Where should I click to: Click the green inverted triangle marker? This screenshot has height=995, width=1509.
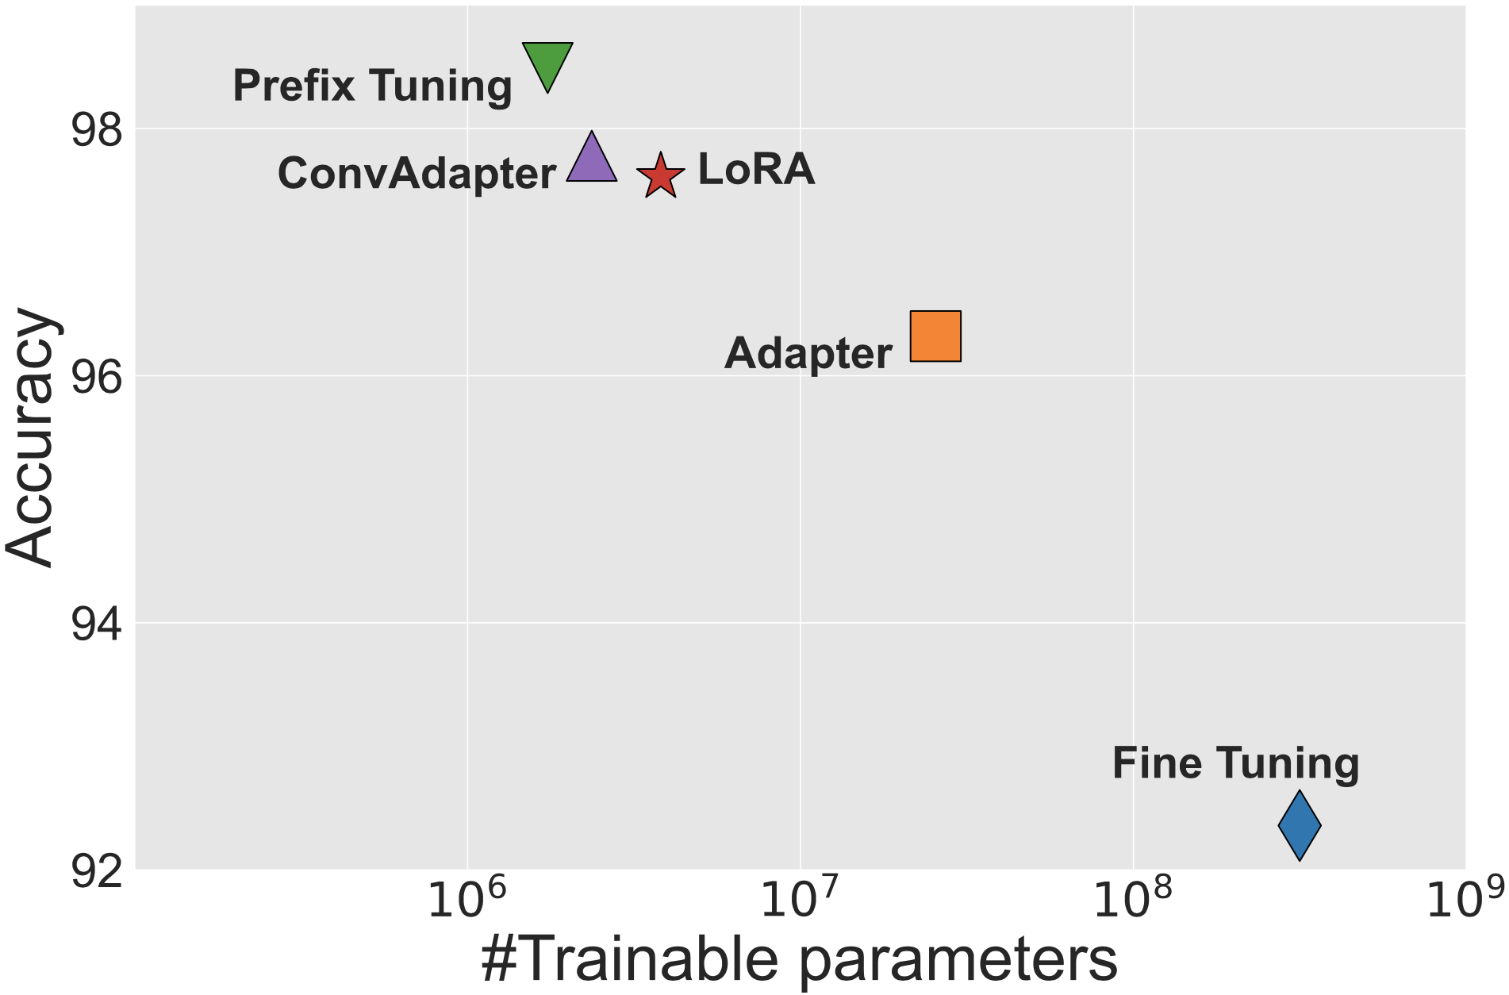tap(547, 63)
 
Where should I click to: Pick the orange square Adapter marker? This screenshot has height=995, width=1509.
tap(935, 336)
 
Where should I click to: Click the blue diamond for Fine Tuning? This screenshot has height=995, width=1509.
tap(1300, 825)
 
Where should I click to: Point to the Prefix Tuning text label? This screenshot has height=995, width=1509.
tap(372, 86)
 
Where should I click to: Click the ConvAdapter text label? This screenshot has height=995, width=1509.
tap(417, 173)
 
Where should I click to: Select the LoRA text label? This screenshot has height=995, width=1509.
tap(756, 169)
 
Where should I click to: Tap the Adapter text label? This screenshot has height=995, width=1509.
tap(808, 353)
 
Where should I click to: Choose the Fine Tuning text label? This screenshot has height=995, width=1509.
tap(1235, 763)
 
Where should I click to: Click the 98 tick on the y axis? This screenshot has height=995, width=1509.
tap(97, 129)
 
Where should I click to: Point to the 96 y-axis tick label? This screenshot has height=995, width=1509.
tap(97, 378)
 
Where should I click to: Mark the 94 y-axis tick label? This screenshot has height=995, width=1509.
tap(97, 624)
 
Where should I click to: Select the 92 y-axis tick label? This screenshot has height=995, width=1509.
tap(97, 871)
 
